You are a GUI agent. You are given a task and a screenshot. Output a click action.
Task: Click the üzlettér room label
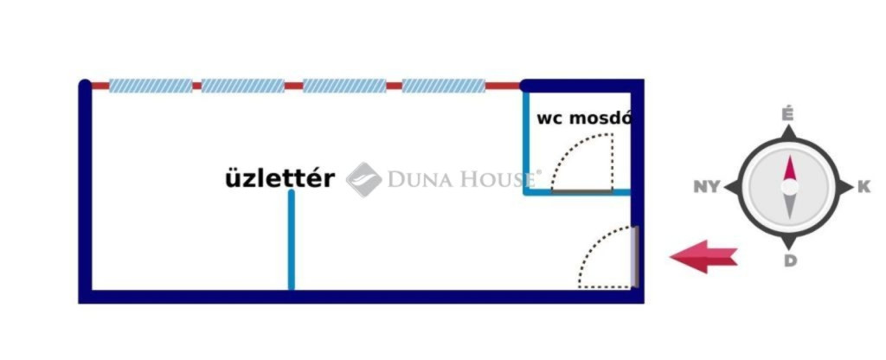279,179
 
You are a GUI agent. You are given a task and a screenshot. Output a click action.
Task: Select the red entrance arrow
703,256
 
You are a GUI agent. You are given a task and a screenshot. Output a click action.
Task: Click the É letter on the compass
787,115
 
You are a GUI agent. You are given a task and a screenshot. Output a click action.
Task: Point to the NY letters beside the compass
707,187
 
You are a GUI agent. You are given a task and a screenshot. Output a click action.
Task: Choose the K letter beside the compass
863,187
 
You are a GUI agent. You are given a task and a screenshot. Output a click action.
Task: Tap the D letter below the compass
789,260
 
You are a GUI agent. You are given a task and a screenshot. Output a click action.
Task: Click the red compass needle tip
789,168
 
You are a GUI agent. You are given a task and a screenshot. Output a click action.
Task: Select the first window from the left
151,86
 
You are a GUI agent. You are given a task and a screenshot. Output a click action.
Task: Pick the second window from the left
243,86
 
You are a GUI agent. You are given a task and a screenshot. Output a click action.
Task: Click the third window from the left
343,86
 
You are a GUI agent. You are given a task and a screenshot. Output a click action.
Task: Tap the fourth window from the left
444,86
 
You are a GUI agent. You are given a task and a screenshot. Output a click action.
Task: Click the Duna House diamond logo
364,179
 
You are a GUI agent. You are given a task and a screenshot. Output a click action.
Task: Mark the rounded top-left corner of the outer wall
85,86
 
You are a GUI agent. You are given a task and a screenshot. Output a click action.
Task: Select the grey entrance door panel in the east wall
636,256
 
